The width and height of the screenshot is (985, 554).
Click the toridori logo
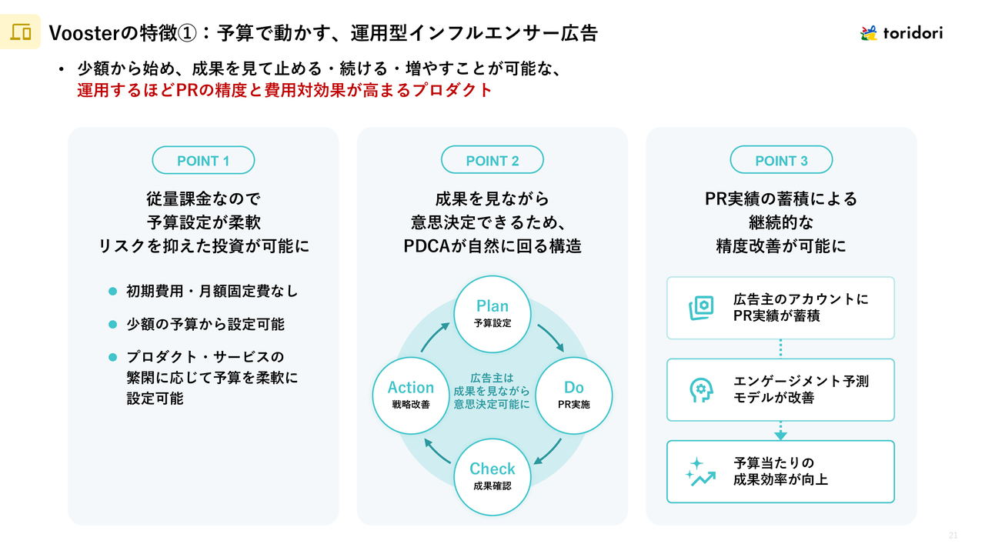click(901, 33)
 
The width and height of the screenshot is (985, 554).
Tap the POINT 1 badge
click(203, 161)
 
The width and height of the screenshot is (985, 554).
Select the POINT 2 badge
click(492, 161)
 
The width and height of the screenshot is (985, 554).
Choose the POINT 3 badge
click(781, 161)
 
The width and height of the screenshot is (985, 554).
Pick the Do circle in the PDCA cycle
click(573, 394)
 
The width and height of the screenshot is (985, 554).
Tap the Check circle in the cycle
click(492, 476)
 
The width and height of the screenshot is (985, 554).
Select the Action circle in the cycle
click(411, 394)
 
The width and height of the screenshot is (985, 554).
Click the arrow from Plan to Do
click(551, 337)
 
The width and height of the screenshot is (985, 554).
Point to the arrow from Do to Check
click(549, 452)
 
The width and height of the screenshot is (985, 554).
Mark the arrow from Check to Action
click(437, 452)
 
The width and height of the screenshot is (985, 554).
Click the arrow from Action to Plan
click(435, 336)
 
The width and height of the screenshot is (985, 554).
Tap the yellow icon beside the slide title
click(21, 32)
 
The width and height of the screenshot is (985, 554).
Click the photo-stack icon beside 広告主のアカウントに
click(700, 308)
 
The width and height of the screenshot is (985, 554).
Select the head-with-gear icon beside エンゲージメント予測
click(700, 390)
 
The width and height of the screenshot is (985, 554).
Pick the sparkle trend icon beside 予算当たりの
click(700, 472)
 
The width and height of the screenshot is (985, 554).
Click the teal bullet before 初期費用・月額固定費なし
click(112, 292)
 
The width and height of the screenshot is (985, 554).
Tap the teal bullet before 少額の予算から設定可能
click(112, 324)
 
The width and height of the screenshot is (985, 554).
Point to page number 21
click(953, 536)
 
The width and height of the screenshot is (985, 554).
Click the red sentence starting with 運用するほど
click(284, 90)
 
